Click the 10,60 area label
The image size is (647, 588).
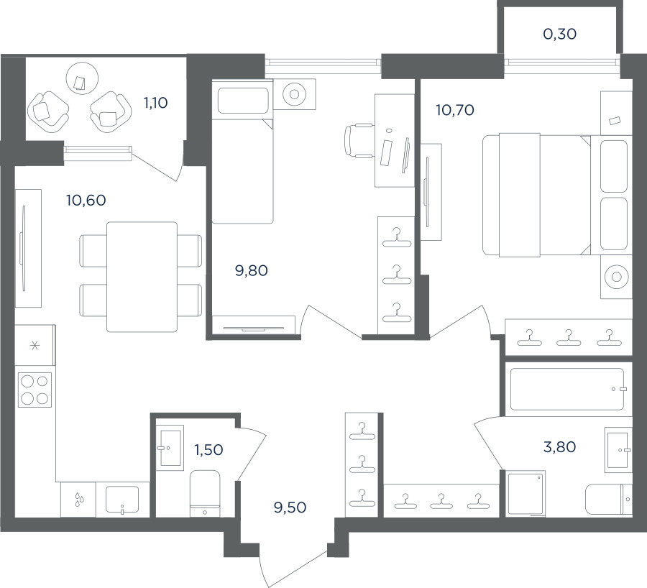(86, 201)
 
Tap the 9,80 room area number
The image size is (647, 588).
(252, 271)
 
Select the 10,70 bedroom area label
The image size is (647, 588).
(455, 110)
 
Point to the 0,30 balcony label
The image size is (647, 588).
(559, 34)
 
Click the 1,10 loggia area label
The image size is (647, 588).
(155, 103)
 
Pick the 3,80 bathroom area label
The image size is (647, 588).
(559, 447)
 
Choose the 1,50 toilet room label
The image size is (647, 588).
(208, 450)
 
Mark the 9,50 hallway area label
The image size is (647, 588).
(290, 507)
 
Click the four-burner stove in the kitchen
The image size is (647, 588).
(35, 390)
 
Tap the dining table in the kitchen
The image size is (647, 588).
(142, 277)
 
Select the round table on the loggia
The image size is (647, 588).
(83, 78)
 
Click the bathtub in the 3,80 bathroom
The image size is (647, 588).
(567, 389)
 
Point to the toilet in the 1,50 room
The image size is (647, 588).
(205, 494)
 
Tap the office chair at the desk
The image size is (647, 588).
(359, 140)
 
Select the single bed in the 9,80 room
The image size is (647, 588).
(243, 152)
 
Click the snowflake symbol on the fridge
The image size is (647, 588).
(35, 345)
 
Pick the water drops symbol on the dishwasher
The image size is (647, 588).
(78, 500)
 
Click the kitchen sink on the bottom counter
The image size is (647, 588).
(122, 500)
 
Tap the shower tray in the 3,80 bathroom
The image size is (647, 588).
(526, 494)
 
